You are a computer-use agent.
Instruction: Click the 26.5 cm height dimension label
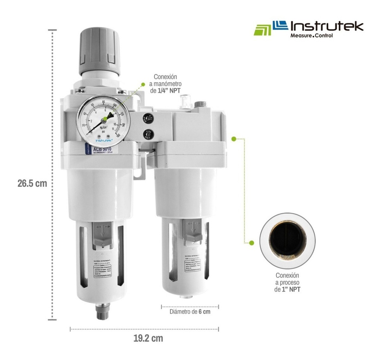pos(32,184)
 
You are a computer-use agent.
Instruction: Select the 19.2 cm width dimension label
pos(148,339)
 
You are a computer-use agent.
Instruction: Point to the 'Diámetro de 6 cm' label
pos(190,311)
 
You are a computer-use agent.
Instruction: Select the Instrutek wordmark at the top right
pos(326,26)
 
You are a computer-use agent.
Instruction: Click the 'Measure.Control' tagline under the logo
pos(311,36)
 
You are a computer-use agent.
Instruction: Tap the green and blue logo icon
pos(270,28)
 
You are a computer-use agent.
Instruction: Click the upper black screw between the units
pos(149,119)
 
